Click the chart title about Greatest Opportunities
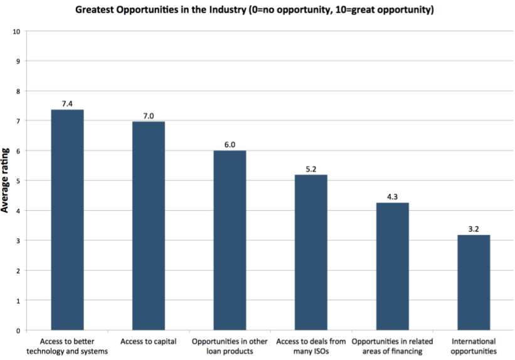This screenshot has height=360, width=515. coord(257,10)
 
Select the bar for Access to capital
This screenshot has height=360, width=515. coord(149,226)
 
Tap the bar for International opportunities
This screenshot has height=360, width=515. coord(474,282)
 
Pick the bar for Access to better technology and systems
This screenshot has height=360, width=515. coord(67,220)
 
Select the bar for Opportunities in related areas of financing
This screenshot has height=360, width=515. coord(393,266)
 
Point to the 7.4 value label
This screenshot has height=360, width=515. coord(67,103)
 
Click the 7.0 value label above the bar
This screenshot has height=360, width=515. coord(149,115)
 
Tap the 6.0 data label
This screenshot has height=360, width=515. coord(230,144)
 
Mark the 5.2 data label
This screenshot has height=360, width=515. coord(311,168)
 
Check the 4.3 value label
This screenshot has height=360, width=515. coord(393,196)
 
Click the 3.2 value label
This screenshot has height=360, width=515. coord(474,229)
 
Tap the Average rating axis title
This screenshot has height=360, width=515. coord(6,181)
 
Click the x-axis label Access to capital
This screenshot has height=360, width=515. coord(149,342)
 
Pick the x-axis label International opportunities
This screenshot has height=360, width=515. coord(474,346)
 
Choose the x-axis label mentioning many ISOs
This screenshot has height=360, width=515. coord(311,346)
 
